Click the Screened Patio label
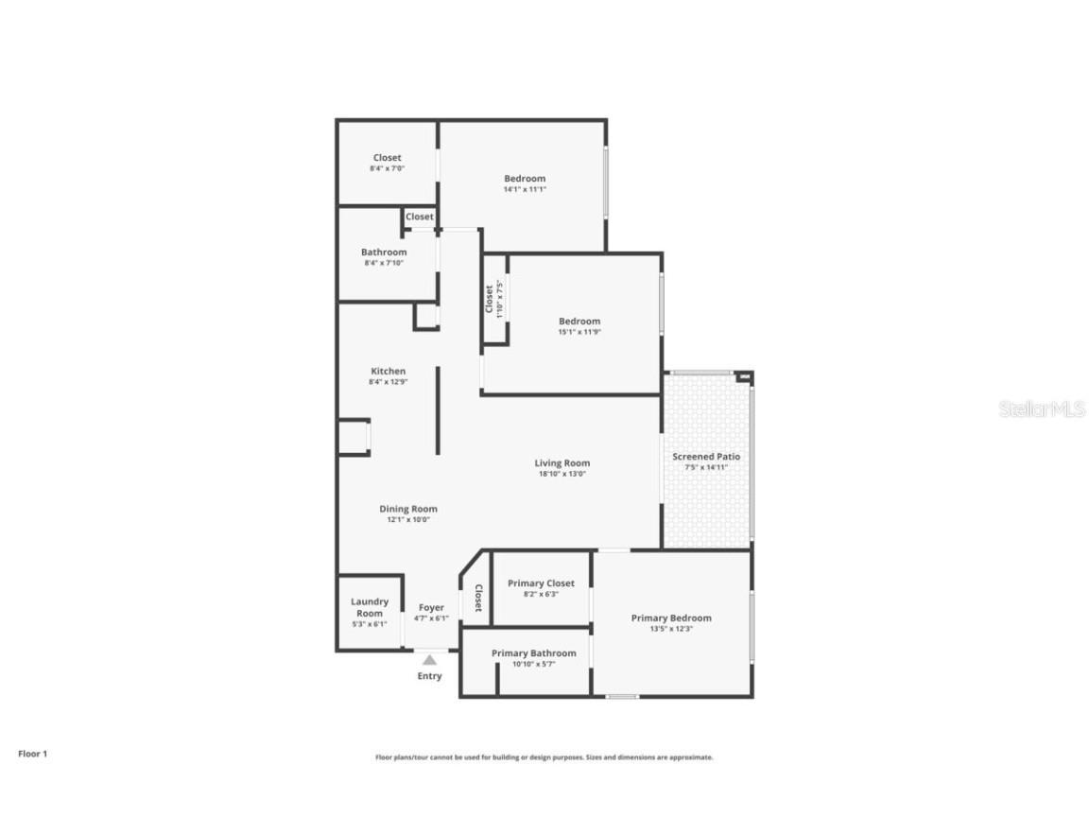[x=706, y=457]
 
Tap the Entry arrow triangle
[x=430, y=659]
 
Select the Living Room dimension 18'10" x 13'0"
[x=562, y=474]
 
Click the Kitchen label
[x=388, y=372]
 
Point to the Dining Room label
[x=408, y=509]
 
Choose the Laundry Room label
[x=370, y=607]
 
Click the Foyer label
[x=431, y=608]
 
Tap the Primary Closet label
[x=541, y=583]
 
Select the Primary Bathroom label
[x=533, y=653]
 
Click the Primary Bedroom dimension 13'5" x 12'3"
[x=671, y=629]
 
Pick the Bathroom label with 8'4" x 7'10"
[x=384, y=252]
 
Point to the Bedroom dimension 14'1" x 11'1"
[x=525, y=189]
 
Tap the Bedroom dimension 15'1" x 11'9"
[x=579, y=332]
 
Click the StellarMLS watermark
[x=1042, y=409]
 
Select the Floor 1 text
[x=32, y=754]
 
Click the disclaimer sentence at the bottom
[x=544, y=757]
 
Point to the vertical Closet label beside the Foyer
[x=478, y=598]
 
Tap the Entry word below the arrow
[x=430, y=676]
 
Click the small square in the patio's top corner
[x=745, y=377]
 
